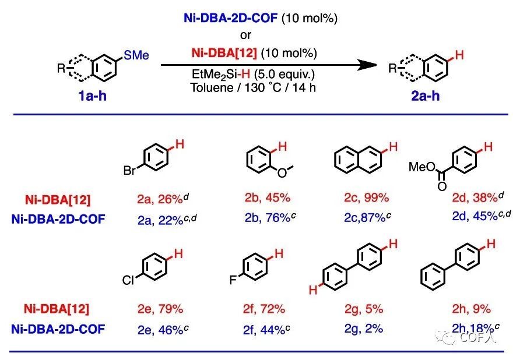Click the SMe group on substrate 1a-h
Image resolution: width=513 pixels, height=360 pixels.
pos(136,55)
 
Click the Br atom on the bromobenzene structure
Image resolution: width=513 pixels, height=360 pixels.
pos(129,172)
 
